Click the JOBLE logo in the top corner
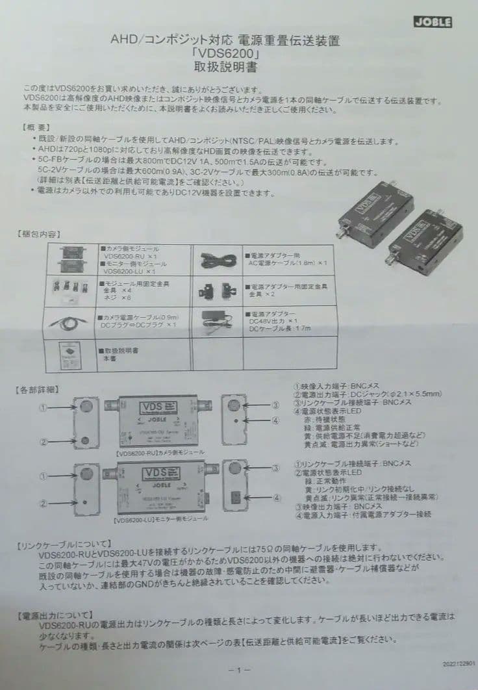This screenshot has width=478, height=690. coord(433,22)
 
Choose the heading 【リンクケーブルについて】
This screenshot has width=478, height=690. coord(65,543)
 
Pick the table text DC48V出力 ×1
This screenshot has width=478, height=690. coord(273,321)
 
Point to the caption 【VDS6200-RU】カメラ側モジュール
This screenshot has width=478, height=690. coord(159,452)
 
